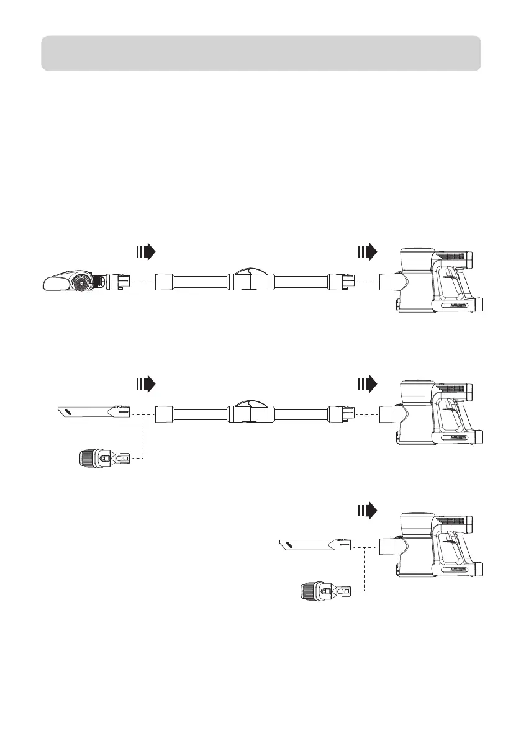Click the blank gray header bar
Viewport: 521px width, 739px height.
click(261, 53)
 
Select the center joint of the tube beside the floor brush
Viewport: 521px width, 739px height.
click(251, 281)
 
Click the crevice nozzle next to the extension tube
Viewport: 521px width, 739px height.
click(93, 411)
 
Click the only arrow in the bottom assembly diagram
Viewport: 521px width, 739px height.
click(368, 511)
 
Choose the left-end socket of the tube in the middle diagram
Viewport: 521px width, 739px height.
click(164, 413)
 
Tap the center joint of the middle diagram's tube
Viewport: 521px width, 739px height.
click(251, 413)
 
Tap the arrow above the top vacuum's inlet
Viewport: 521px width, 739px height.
click(368, 252)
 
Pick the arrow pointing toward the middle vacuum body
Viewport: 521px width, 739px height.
click(368, 384)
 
